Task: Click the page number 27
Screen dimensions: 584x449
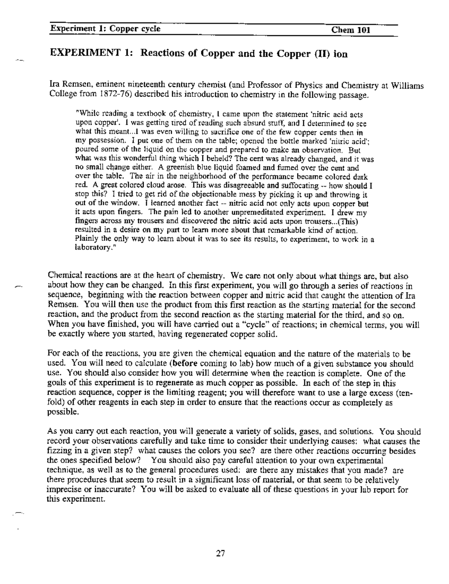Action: (x=221, y=553)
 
